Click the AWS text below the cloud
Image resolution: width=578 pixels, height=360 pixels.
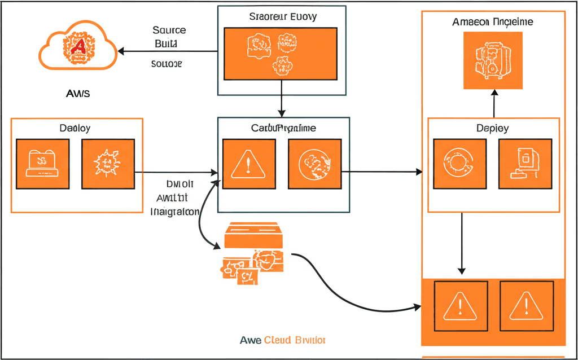tap(78, 93)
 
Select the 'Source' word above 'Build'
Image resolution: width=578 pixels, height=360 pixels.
tap(169, 30)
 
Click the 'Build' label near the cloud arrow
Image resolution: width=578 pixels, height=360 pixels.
tap(166, 43)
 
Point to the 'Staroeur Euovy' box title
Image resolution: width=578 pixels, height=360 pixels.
tap(282, 16)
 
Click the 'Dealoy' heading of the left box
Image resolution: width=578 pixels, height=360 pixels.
tap(75, 128)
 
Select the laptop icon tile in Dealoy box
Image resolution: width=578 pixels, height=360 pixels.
tap(43, 164)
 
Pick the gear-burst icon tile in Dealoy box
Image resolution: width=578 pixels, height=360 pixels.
tap(108, 164)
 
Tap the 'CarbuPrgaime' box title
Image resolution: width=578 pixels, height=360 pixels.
tap(283, 128)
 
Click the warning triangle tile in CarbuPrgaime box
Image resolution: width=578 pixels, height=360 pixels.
tap(249, 164)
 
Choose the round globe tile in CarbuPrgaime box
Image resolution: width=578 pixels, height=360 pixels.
tap(314, 164)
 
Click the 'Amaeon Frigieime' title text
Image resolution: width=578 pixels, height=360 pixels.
tap(493, 22)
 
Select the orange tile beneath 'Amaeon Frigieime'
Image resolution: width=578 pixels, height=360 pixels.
tap(493, 60)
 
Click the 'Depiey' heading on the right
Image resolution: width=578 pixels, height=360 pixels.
tap(493, 128)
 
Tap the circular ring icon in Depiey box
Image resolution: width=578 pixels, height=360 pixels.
tap(459, 164)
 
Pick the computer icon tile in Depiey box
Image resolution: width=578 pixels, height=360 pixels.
tap(525, 164)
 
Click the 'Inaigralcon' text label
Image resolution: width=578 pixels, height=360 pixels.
tap(175, 212)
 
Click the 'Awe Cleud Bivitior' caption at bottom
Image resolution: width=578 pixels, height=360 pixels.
tap(282, 340)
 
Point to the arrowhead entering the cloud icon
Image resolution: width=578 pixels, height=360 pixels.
tap(120, 51)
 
